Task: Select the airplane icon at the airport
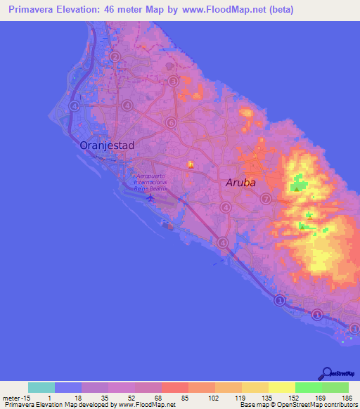(x=149, y=197)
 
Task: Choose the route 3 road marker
(x=173, y=82)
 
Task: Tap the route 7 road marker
(x=265, y=199)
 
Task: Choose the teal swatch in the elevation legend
(x=41, y=387)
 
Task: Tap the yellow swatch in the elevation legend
(x=281, y=387)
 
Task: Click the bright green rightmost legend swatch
(x=335, y=387)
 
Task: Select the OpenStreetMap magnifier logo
(x=326, y=375)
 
